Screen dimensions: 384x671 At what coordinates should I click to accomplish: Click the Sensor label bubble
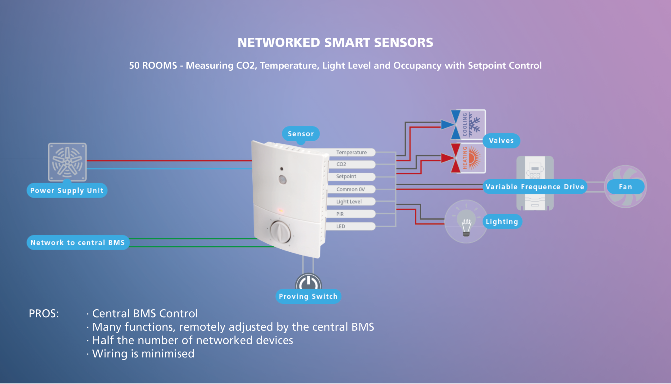pos(300,134)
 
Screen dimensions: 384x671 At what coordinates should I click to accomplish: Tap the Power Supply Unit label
pos(67,190)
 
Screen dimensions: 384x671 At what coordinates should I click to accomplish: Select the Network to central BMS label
pos(78,242)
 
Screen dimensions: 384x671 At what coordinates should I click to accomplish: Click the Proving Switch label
pos(308,296)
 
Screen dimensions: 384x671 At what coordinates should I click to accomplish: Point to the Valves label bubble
pos(501,141)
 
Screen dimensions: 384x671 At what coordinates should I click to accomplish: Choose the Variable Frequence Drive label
pos(535,187)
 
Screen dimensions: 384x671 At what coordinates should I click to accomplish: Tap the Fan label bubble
pos(625,187)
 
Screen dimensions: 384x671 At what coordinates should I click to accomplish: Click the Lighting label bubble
pos(502,221)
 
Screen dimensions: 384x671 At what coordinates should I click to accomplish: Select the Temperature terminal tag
pos(351,152)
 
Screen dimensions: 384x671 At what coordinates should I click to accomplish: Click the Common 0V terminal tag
pos(351,189)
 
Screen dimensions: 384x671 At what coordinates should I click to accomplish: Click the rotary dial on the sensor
pos(280,232)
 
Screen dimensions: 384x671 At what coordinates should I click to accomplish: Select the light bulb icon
pos(466,223)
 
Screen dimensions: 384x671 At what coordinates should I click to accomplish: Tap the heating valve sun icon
pos(474,158)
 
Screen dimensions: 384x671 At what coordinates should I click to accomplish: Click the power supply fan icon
pos(67,162)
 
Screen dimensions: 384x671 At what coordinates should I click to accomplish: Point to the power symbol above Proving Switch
pos(308,282)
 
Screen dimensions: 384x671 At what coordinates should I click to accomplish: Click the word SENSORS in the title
pos(403,43)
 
